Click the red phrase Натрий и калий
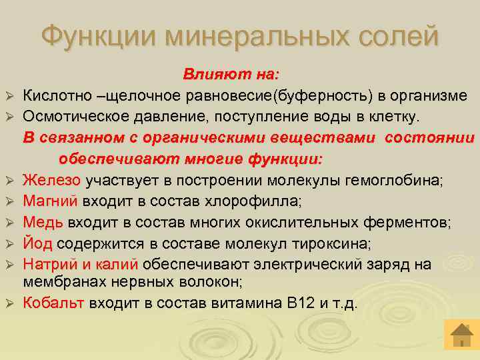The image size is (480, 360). (x=80, y=264)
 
